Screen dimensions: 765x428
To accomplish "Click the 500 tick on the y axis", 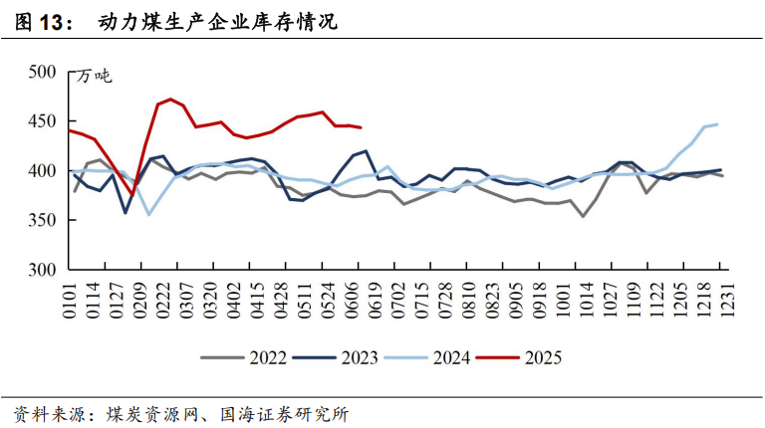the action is (42, 72).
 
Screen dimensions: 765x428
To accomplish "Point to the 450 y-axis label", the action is (42, 121).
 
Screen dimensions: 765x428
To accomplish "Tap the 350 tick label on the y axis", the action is (42, 220).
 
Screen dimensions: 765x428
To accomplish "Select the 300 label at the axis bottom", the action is (42, 270).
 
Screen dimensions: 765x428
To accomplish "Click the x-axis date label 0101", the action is (70, 301).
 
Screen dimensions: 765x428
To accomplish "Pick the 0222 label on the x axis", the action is (163, 301).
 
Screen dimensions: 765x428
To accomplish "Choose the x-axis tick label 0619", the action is (375, 301).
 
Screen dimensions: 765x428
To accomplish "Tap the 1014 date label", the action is (586, 301).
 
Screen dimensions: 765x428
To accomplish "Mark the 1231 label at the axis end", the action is (726, 301).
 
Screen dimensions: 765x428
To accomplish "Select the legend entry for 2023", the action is (336, 357).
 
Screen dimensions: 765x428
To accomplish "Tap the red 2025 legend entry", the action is (519, 357).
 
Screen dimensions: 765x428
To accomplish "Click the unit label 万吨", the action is (94, 77).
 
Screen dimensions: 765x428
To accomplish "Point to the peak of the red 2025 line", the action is (169, 99).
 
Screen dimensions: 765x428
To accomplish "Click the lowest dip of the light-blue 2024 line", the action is (148, 214).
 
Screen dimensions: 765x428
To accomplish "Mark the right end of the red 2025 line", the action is (361, 127).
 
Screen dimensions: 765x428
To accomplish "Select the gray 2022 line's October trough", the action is (583, 216).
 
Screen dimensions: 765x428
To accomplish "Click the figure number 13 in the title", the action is (50, 23).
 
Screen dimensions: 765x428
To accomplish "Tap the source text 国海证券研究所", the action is (285, 414).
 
